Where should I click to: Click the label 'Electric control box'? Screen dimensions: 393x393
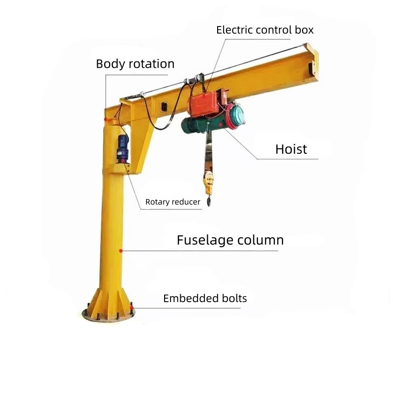pos(265,30)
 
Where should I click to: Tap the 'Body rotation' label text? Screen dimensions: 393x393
pos(135,64)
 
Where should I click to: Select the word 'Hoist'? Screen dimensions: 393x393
pos(291,149)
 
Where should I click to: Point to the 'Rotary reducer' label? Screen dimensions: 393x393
pos(173,202)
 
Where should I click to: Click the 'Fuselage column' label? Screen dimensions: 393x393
pos(230,240)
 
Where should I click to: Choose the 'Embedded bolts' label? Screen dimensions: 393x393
pos(205,298)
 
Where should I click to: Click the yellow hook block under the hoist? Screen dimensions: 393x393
pos(208,182)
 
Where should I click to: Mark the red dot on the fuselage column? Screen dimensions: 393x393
pos(121,251)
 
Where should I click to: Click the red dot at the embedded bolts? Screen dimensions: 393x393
pos(132,308)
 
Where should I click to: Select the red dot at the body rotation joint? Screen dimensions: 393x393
pos(106,119)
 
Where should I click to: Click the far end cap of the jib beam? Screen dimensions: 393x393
pos(310,61)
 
